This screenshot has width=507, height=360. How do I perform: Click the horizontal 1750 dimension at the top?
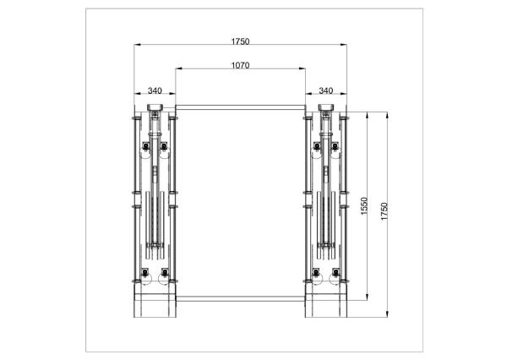[x=239, y=41]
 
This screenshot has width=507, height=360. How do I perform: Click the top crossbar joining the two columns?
[x=240, y=106]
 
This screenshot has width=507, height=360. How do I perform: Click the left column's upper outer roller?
[x=146, y=150]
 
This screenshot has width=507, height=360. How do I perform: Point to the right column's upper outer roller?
[x=335, y=150]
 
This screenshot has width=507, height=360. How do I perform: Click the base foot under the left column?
[x=155, y=304]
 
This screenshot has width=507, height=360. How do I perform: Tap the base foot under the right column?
[x=326, y=304]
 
